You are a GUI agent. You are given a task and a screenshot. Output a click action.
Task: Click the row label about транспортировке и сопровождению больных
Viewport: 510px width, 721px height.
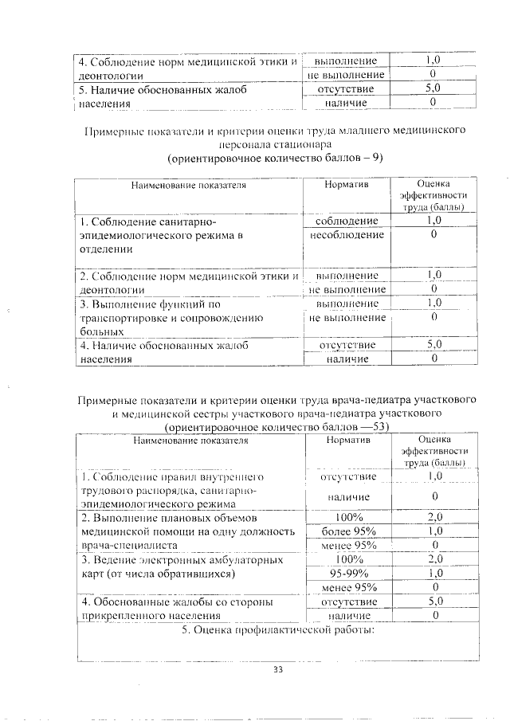[x=169, y=317]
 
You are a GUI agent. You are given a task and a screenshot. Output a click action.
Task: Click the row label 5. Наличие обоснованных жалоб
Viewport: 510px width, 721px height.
[x=160, y=96]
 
